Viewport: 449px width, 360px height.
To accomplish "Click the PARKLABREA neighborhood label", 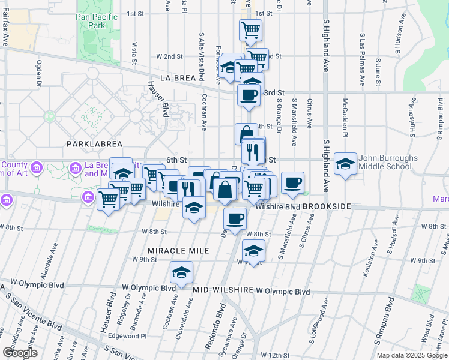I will (95, 144).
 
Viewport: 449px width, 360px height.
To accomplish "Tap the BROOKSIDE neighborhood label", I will (327, 206).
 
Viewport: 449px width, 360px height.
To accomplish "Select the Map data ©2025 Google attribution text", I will (412, 355).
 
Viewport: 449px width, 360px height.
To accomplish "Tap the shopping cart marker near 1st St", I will (250, 29).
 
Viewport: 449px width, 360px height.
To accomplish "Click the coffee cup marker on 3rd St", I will (248, 95).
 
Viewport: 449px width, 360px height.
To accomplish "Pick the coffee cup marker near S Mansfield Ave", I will (292, 182).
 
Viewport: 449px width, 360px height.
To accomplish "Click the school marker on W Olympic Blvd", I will (181, 273).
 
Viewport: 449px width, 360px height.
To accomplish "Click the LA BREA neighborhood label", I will (178, 79).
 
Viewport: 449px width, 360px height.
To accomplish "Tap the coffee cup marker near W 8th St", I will (235, 219).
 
